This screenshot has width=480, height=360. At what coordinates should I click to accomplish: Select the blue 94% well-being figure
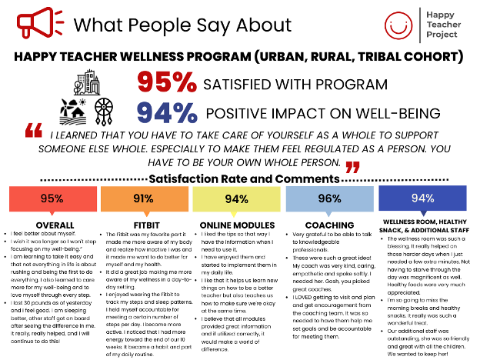pyautogui.click(x=168, y=112)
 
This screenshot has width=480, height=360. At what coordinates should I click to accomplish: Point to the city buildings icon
pyautogui.click(x=82, y=80)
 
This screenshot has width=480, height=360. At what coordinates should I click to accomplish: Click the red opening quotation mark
pyautogui.click(x=33, y=130)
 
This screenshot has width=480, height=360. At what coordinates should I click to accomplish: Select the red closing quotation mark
pyautogui.click(x=352, y=167)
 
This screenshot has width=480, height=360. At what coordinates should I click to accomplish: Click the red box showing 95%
pyautogui.click(x=51, y=198)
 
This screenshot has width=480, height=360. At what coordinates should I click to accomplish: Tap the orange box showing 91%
pyautogui.click(x=143, y=198)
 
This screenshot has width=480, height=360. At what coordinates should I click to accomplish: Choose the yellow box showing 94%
pyautogui.click(x=235, y=198)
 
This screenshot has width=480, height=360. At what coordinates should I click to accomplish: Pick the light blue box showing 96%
pyautogui.click(x=328, y=198)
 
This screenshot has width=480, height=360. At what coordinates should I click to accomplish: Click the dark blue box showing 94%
pyautogui.click(x=422, y=198)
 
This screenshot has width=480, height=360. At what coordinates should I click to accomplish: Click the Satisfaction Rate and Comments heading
pyautogui.click(x=239, y=178)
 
